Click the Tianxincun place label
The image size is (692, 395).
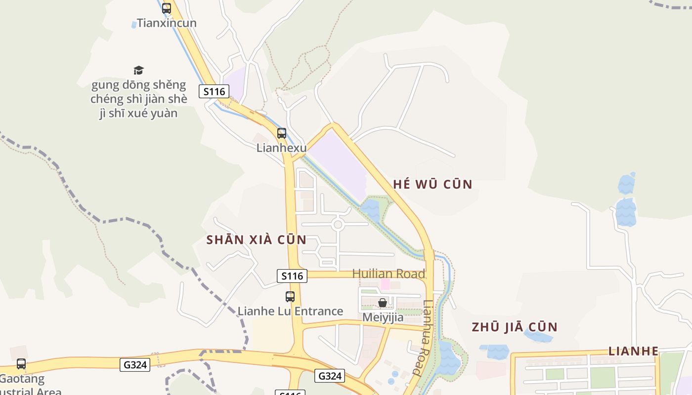167,23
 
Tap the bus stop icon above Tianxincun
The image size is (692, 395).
167,8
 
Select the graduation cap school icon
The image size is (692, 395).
138,71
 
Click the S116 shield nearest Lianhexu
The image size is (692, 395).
214,91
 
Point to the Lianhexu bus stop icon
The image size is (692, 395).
282,133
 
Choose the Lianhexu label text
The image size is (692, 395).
282,148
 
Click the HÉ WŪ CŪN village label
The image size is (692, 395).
433,185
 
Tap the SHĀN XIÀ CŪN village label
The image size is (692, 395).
256,240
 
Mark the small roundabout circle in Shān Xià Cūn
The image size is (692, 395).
338,225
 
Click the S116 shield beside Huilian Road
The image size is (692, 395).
292,276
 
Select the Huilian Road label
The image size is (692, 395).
389,274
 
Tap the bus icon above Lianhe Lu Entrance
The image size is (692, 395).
290,297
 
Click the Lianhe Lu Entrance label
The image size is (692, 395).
290,312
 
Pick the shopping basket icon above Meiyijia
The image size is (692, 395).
383,303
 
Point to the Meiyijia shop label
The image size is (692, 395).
383,317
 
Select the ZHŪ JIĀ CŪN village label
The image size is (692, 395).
515,327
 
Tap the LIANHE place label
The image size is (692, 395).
633,352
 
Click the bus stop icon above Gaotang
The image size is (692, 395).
21,364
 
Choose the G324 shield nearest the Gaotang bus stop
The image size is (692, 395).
135,365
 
